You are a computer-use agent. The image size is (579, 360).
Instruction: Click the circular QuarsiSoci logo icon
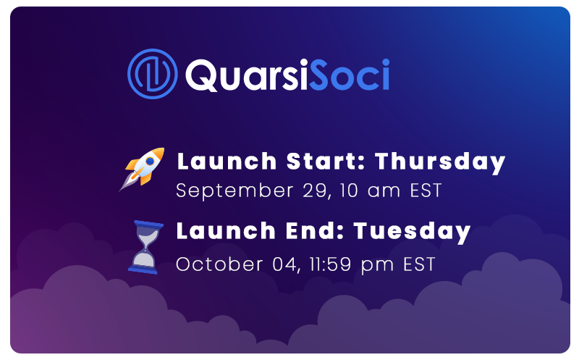(152, 74)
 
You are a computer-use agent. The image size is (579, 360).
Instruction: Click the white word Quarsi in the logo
(247, 75)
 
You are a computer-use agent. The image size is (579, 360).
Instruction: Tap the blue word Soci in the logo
(350, 75)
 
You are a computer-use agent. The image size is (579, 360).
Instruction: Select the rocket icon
(142, 169)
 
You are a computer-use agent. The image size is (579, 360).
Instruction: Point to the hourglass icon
(146, 247)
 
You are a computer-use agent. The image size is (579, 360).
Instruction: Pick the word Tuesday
(412, 232)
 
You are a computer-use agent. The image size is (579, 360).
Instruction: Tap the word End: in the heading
(315, 231)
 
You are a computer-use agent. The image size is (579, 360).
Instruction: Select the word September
(234, 191)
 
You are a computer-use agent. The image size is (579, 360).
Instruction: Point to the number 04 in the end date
(285, 264)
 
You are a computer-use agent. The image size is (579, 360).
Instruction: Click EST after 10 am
(426, 191)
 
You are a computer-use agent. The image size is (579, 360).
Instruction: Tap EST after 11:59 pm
(419, 264)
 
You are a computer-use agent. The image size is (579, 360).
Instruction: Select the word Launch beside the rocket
(227, 161)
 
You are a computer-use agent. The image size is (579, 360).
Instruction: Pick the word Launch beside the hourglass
(226, 231)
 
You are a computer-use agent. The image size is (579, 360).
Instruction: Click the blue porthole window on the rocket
(151, 161)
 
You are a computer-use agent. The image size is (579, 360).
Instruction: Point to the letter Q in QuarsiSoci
(201, 75)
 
